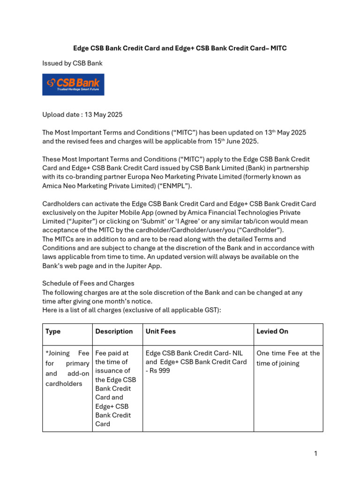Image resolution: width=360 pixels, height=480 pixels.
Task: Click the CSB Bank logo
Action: tap(73, 84)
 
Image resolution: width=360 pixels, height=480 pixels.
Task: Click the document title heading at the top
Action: tap(180, 48)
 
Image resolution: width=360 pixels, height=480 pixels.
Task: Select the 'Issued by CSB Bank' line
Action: tap(72, 63)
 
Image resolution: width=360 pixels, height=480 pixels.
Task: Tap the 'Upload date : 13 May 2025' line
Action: tap(82, 114)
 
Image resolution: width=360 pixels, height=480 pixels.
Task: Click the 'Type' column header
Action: tap(53, 331)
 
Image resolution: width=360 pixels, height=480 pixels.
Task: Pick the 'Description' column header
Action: tap(114, 331)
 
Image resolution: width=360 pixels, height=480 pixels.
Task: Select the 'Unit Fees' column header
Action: tap(161, 331)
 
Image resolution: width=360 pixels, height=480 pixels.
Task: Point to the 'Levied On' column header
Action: tap(272, 331)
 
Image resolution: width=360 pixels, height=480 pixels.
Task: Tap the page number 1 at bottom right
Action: tap(316, 453)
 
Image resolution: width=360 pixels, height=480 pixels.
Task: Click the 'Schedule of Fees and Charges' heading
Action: tap(88, 284)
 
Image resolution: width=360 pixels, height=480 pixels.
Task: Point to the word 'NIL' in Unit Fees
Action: tap(240, 353)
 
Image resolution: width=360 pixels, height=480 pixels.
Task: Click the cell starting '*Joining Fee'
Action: tap(67, 368)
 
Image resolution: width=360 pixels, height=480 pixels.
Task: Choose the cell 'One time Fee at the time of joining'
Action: tap(288, 358)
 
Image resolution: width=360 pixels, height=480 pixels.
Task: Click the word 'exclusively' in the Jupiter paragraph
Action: tap(60, 213)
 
